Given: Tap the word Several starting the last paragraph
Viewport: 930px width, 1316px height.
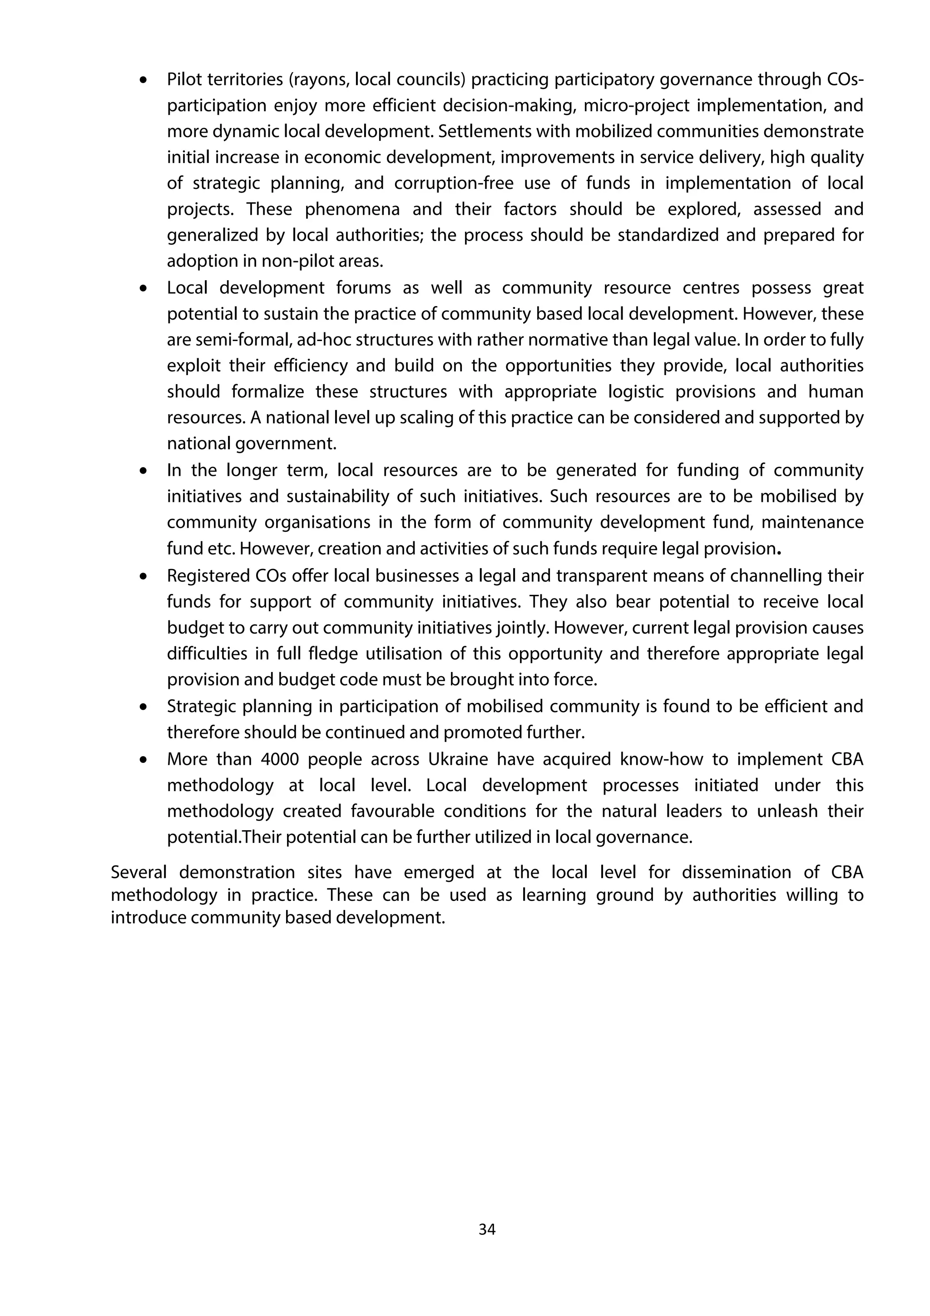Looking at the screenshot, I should coord(138,872).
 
